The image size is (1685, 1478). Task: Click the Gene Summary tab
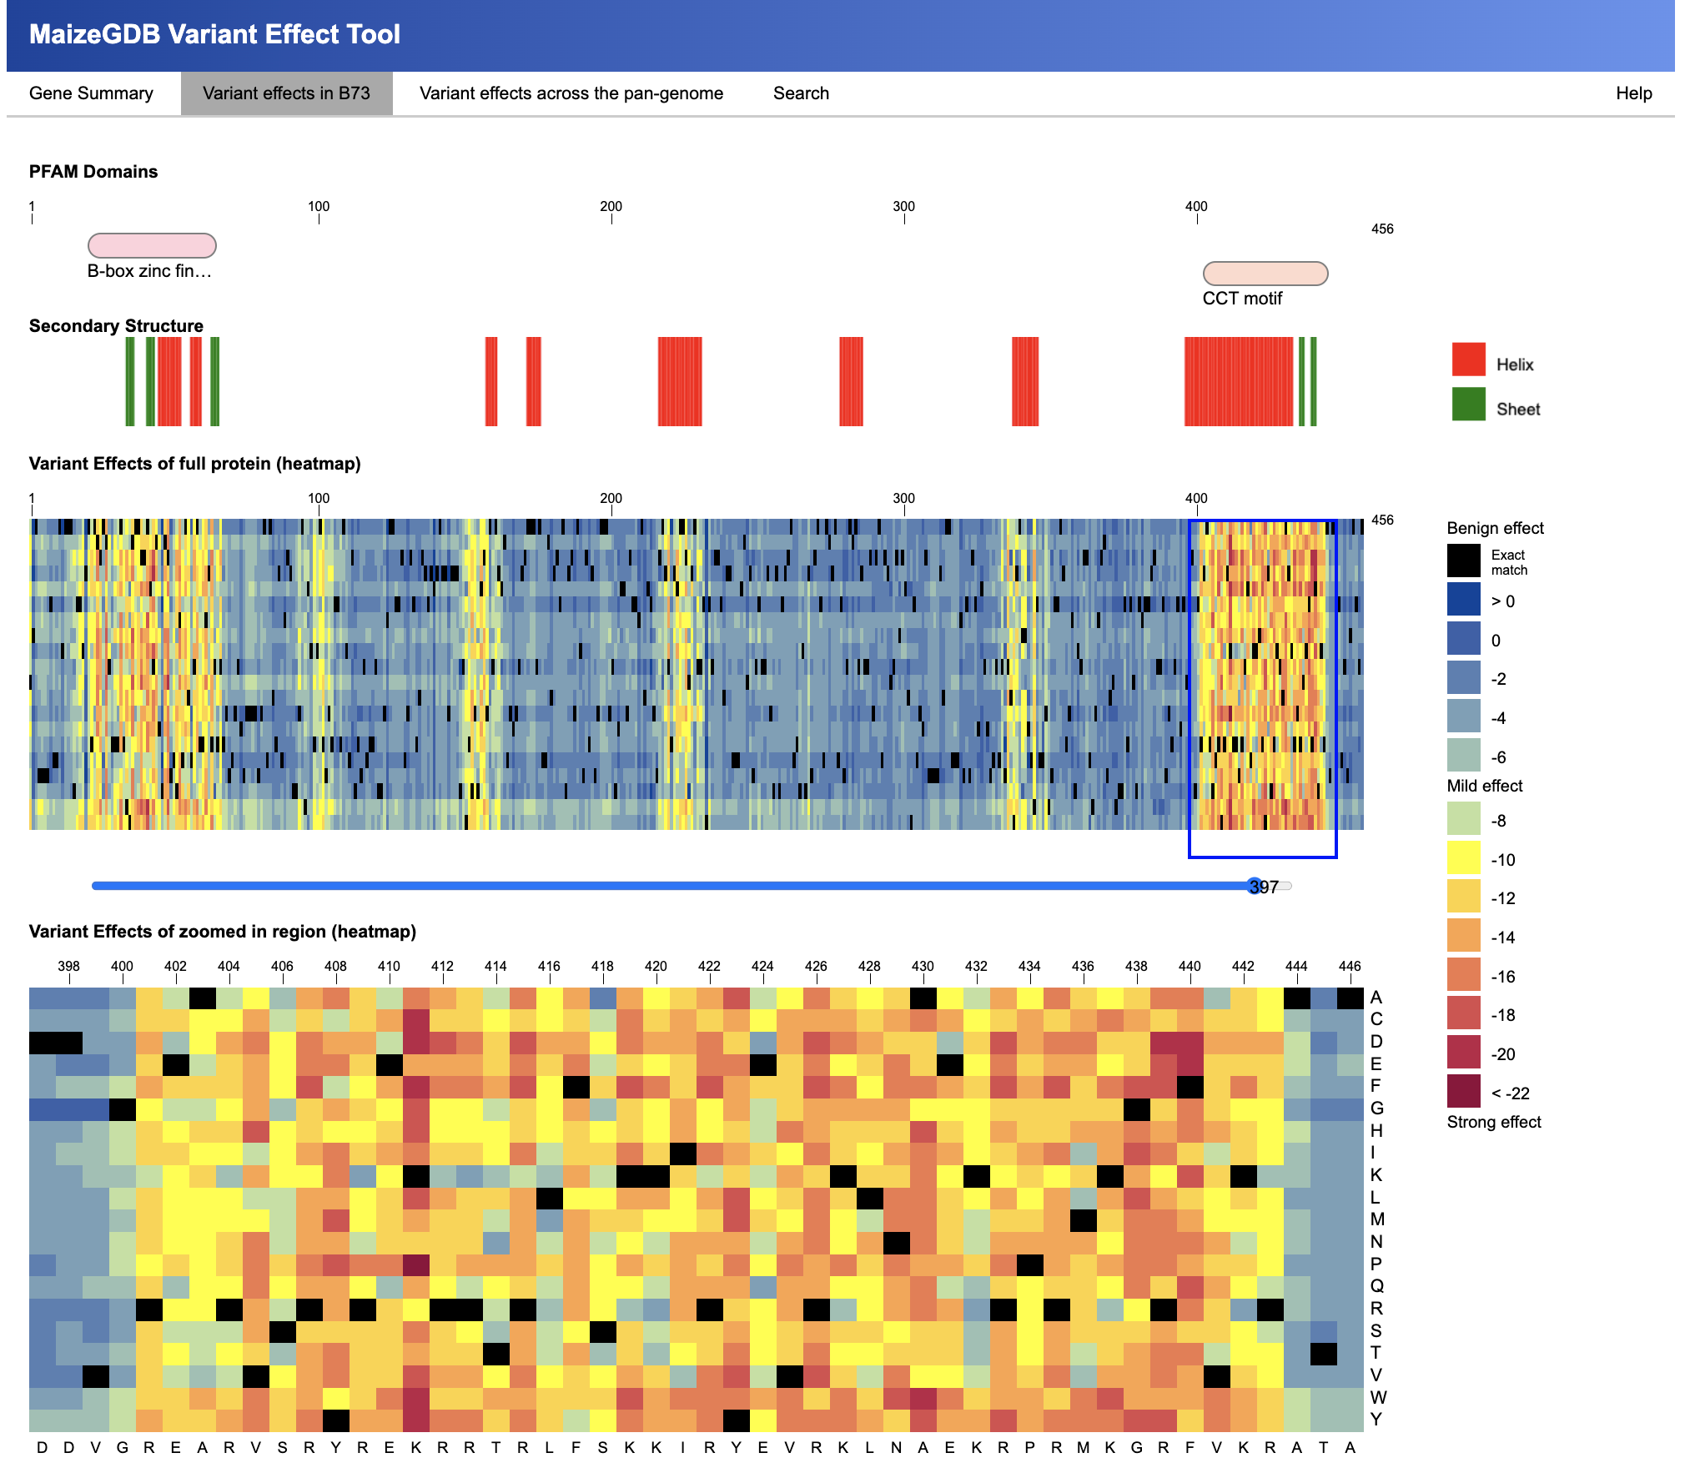click(x=91, y=93)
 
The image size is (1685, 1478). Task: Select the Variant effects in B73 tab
click(x=286, y=93)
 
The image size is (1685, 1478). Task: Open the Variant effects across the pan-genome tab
click(x=571, y=93)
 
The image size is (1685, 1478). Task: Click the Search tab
click(x=801, y=93)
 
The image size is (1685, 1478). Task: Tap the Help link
click(x=1633, y=93)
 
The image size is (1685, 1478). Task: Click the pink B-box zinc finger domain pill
click(x=152, y=245)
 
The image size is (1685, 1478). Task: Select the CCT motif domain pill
click(x=1265, y=274)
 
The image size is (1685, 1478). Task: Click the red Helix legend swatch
click(x=1468, y=359)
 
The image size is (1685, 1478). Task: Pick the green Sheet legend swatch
click(x=1468, y=405)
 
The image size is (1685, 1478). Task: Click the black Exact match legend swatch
click(x=1464, y=561)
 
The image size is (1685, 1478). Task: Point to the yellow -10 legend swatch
click(x=1464, y=858)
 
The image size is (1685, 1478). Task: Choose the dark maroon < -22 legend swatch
click(x=1464, y=1091)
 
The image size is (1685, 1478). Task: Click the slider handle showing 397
click(x=1255, y=886)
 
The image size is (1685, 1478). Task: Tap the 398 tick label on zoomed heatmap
click(x=68, y=966)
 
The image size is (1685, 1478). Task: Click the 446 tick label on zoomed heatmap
click(x=1350, y=966)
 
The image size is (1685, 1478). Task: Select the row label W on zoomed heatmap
click(x=1377, y=1397)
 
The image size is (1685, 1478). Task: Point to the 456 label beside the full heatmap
click(x=1382, y=520)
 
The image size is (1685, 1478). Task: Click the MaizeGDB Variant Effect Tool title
click(x=214, y=34)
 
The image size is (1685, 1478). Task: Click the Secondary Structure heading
click(x=116, y=325)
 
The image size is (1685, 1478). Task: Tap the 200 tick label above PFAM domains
click(x=611, y=206)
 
